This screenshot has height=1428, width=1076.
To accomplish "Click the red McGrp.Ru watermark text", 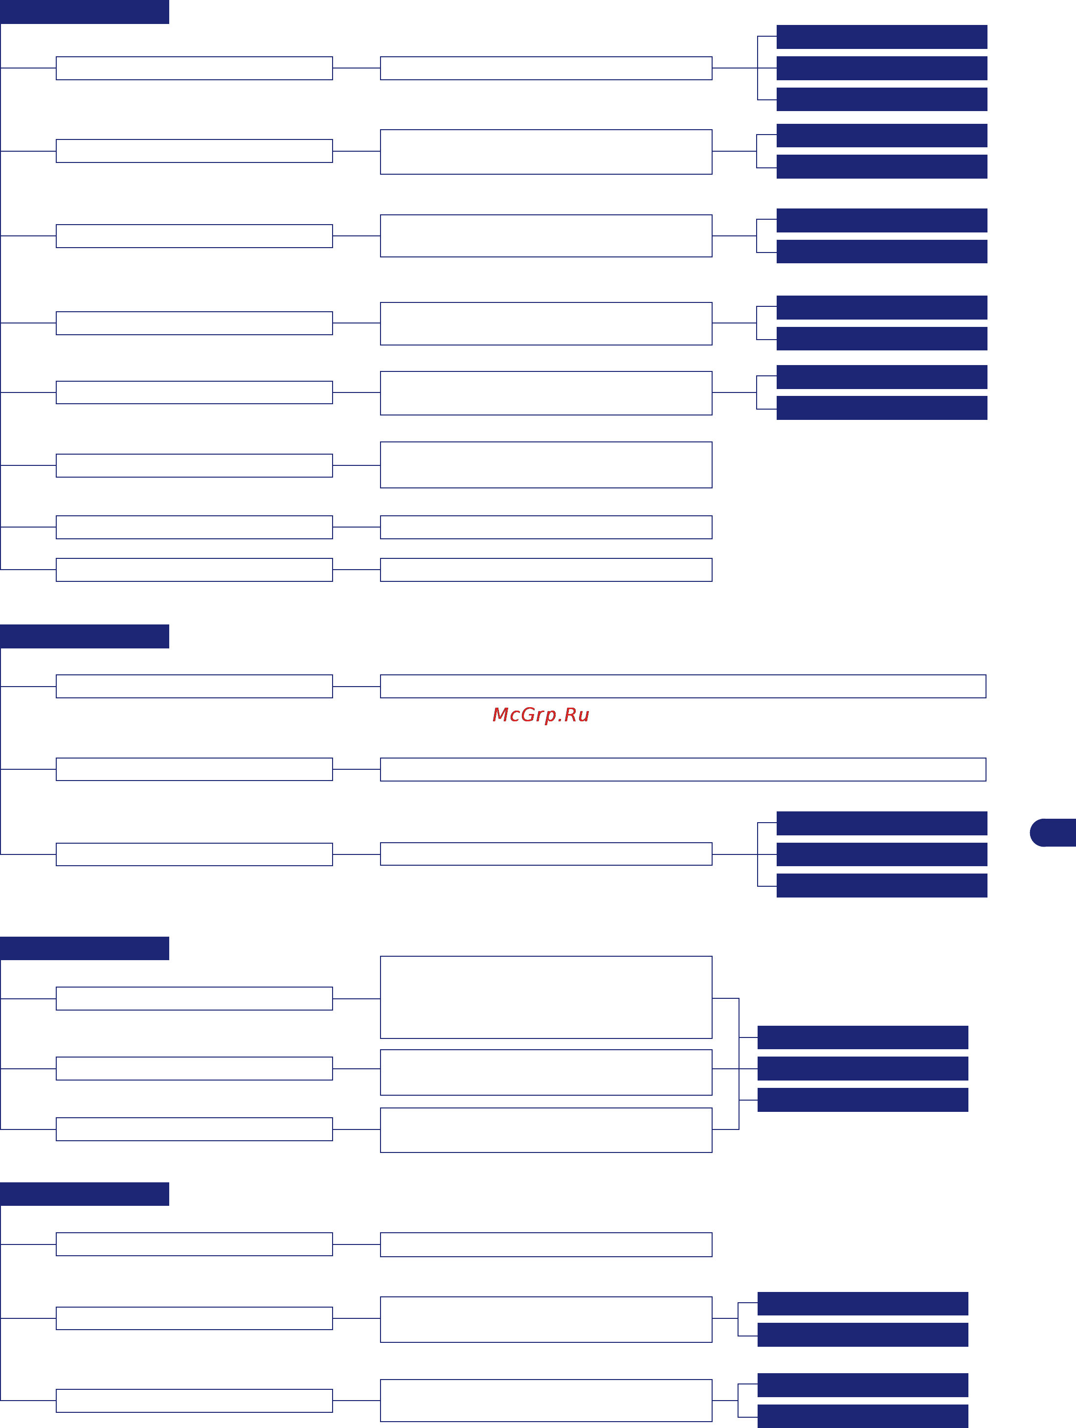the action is tap(540, 714).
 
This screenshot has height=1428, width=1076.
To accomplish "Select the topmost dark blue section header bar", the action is tap(85, 12).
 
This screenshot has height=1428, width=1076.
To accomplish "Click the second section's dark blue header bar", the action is tap(85, 636).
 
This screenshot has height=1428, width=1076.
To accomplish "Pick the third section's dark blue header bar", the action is tap(85, 948).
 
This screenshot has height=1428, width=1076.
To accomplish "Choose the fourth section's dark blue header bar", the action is tap(85, 1194).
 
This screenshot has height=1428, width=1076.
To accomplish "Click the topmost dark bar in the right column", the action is tap(882, 37).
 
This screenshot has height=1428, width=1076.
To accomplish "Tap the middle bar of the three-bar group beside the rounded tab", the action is tap(882, 854).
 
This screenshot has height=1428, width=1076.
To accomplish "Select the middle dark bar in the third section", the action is tap(862, 1068).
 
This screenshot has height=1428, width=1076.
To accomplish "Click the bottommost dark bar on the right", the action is tap(862, 1416).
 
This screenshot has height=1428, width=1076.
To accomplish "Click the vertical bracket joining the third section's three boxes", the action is tap(739, 1064).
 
